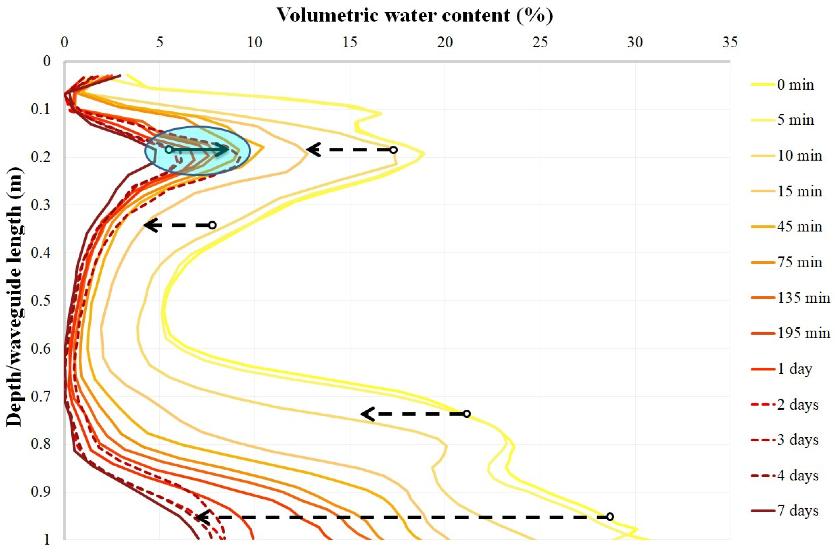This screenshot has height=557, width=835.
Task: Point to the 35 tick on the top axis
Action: tap(730, 42)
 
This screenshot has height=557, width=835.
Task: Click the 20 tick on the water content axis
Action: tap(445, 42)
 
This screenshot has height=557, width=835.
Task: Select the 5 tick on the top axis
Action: tap(159, 42)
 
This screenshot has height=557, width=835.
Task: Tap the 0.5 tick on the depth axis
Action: tap(41, 300)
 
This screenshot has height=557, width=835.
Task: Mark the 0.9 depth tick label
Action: tap(41, 492)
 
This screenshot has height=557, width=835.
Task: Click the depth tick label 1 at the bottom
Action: tap(47, 540)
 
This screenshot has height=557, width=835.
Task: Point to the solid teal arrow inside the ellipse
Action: tap(199, 150)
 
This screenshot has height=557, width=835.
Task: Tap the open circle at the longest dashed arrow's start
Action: tap(610, 516)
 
